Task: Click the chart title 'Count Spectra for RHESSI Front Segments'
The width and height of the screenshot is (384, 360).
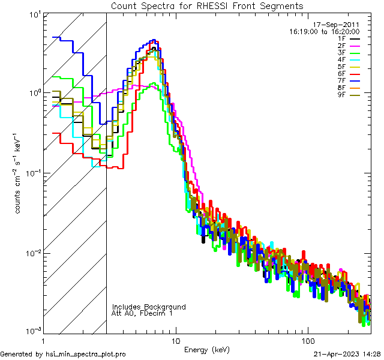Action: point(207,6)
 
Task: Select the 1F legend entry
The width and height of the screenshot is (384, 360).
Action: point(350,38)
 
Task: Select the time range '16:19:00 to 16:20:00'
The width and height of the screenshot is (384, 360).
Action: point(325,31)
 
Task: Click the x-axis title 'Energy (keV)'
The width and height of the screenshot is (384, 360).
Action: point(207,349)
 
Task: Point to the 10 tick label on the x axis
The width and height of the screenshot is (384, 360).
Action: point(175,340)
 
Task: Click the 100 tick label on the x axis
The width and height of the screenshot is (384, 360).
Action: point(307,340)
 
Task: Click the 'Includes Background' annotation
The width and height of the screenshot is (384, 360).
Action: point(149,307)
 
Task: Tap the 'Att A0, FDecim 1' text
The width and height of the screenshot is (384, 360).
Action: point(142,313)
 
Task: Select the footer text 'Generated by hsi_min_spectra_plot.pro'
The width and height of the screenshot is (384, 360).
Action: point(63,354)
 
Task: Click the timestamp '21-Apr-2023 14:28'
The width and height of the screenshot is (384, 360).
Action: point(347,354)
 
